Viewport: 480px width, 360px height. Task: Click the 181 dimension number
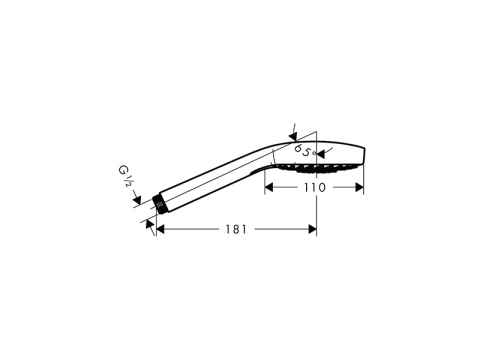pos(236,229)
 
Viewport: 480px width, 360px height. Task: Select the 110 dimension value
pos(314,187)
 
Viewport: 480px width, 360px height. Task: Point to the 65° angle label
pos(305,150)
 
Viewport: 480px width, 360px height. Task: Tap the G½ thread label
pos(125,176)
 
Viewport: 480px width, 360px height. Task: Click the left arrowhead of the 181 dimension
pos(160,229)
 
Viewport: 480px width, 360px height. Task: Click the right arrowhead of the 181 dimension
pos(312,229)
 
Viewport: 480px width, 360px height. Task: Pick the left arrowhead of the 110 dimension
pos(269,187)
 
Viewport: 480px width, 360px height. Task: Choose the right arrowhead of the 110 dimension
pos(359,187)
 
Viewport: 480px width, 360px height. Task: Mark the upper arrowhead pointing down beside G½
pos(137,200)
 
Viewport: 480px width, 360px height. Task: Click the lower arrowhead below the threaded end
pos(150,224)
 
